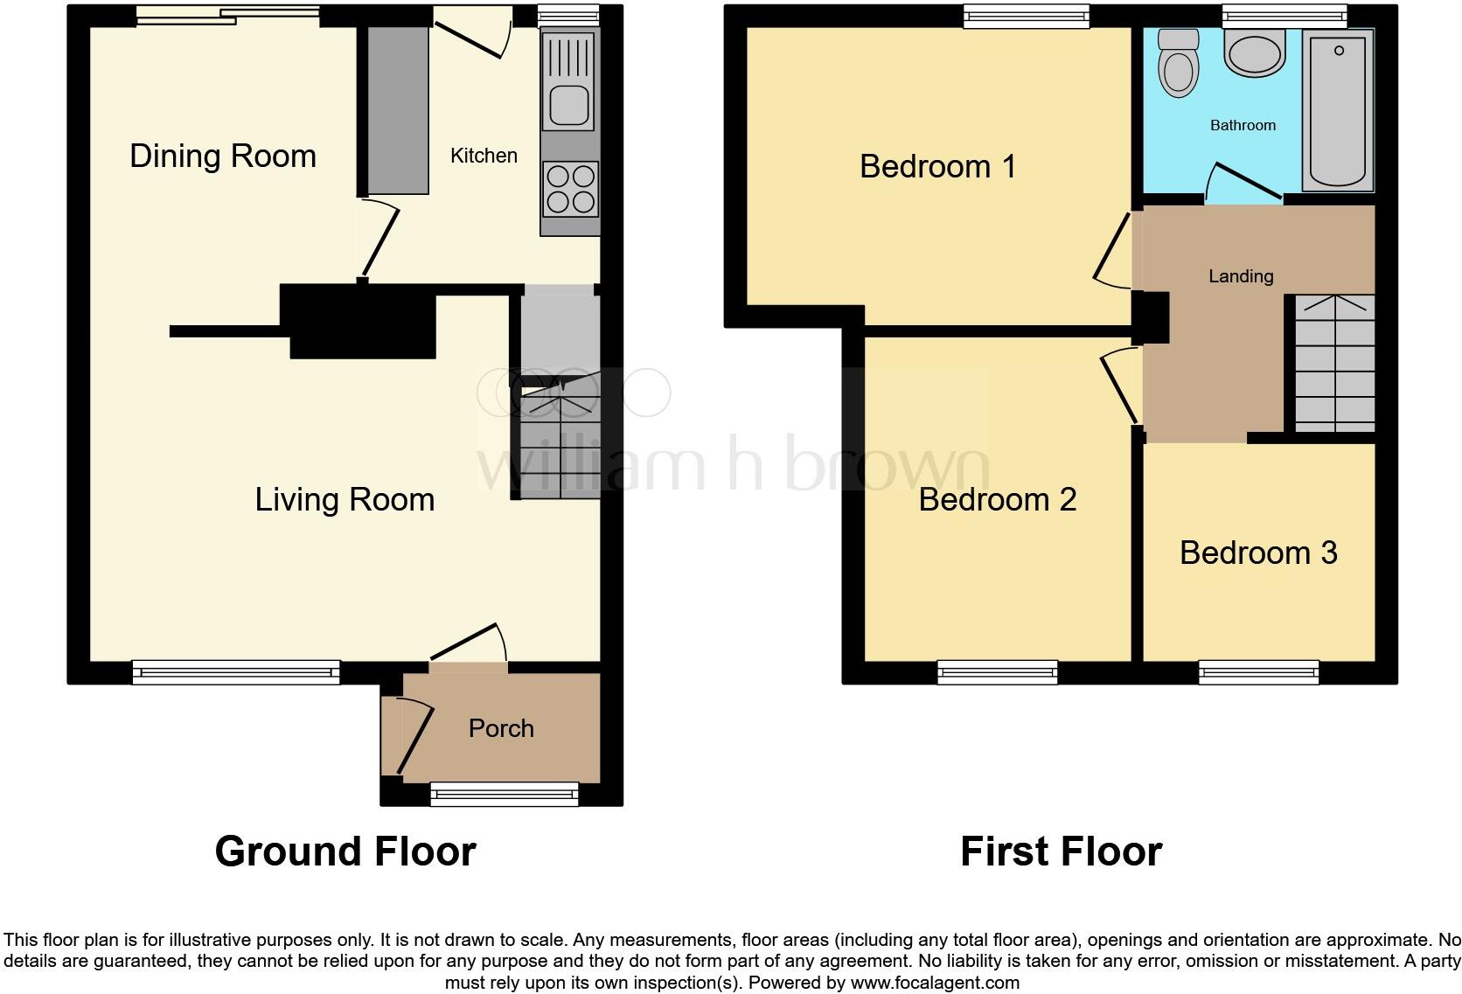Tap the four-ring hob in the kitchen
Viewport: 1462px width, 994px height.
570,189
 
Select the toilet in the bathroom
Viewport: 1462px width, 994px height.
1178,62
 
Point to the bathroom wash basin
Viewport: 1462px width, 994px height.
1255,52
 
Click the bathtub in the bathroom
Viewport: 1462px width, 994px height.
1337,109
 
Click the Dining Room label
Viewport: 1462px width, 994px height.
222,156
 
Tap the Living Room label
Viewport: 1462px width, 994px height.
345,500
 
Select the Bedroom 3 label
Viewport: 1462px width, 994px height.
1257,553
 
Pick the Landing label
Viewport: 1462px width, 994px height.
1240,276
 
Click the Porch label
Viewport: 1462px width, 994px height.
500,728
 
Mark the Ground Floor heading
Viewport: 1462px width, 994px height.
345,852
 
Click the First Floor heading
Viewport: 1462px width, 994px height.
1060,852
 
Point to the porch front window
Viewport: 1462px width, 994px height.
504,793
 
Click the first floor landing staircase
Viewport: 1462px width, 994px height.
1333,363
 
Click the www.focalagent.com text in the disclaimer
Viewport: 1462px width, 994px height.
934,983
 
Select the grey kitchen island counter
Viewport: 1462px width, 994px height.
398,110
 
